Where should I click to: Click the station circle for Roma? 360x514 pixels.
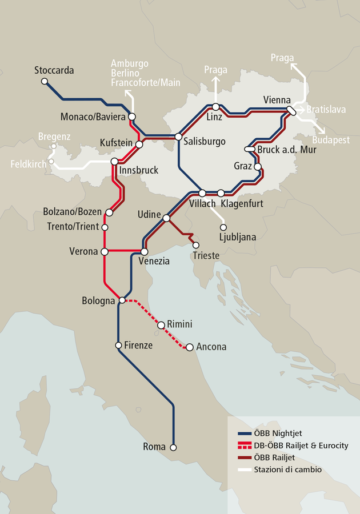tap(174, 447)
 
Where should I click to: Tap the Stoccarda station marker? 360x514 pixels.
tap(45, 82)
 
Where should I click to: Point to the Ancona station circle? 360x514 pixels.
tap(189, 347)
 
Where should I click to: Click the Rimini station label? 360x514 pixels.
tap(179, 324)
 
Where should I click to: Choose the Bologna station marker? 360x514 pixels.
tap(122, 300)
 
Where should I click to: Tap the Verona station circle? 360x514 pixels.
tap(104, 251)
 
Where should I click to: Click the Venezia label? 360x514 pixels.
tap(154, 262)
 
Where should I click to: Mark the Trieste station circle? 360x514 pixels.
tap(196, 245)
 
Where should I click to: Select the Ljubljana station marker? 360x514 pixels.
tap(223, 226)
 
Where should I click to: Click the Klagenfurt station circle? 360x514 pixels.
tap(221, 193)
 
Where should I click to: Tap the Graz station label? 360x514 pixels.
tap(243, 166)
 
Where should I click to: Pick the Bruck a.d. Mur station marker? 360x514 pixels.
tap(250, 149)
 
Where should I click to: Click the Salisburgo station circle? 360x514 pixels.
tap(178, 137)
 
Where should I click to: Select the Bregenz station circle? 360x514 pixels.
tap(53, 147)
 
